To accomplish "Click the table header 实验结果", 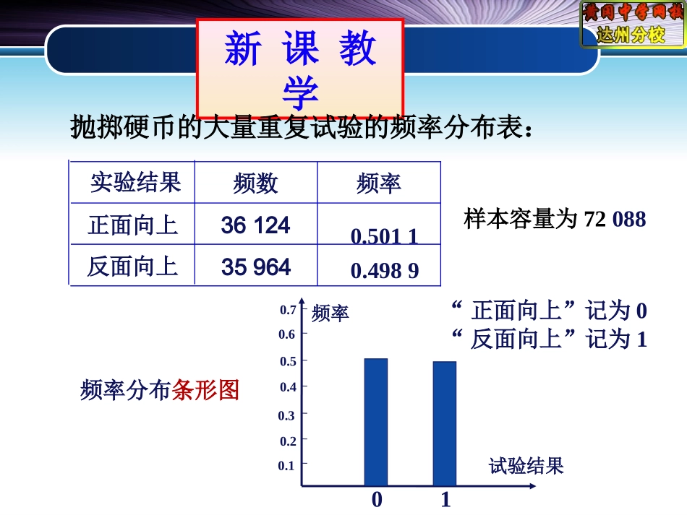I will pyautogui.click(x=135, y=182).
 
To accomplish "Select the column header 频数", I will pyautogui.click(x=255, y=183).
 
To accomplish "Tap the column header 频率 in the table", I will pyautogui.click(x=379, y=183).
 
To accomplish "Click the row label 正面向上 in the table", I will pyautogui.click(x=133, y=225).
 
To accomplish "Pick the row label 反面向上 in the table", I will pyautogui.click(x=133, y=267).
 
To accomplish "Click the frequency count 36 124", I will pyautogui.click(x=256, y=225).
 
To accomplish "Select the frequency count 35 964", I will pyautogui.click(x=256, y=267).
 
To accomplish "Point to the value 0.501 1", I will pyautogui.click(x=384, y=236).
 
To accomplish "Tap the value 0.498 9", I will pyautogui.click(x=384, y=271).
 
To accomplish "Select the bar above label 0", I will pyautogui.click(x=375, y=422).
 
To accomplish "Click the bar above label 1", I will pyautogui.click(x=445, y=423).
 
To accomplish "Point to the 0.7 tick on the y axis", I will pyautogui.click(x=288, y=311).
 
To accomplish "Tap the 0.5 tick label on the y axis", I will pyautogui.click(x=288, y=361).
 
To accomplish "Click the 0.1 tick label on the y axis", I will pyautogui.click(x=286, y=466).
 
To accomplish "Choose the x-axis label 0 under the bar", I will pyautogui.click(x=377, y=499).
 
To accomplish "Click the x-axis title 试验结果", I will pyautogui.click(x=526, y=466).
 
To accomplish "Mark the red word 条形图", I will pyautogui.click(x=205, y=391).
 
